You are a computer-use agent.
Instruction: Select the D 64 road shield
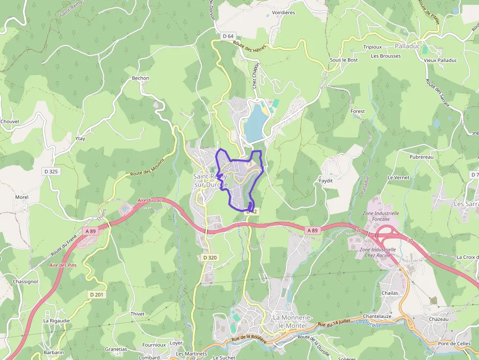[x=228, y=36]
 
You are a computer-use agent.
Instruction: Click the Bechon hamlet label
[x=140, y=78]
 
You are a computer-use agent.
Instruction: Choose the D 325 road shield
[x=51, y=171]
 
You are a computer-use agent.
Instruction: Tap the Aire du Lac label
[x=150, y=200]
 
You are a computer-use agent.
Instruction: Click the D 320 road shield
[x=209, y=257]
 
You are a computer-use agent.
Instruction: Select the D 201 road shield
[x=97, y=294]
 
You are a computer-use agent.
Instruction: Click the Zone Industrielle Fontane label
[x=381, y=216]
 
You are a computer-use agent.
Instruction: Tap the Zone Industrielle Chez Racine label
[x=377, y=253]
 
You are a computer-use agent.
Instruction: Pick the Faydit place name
[x=326, y=180]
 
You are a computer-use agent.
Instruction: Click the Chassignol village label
[x=25, y=282]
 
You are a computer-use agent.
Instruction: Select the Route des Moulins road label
[x=148, y=167]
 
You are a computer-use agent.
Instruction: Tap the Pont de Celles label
[x=454, y=343]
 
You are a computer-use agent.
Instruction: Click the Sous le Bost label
[x=344, y=60]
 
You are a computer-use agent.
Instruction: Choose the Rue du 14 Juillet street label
[x=335, y=323]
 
